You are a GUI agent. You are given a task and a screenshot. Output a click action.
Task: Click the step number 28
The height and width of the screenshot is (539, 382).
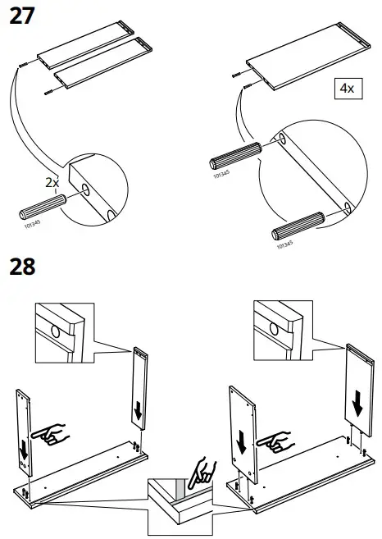tap(24, 267)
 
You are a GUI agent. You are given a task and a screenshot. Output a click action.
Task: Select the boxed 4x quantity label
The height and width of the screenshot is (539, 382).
tap(344, 89)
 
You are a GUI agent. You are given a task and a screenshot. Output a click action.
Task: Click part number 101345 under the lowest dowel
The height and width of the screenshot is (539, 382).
tap(284, 244)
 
